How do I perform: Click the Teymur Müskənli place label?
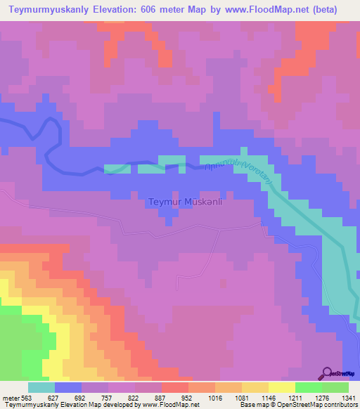186,202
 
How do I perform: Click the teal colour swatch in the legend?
41,387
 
